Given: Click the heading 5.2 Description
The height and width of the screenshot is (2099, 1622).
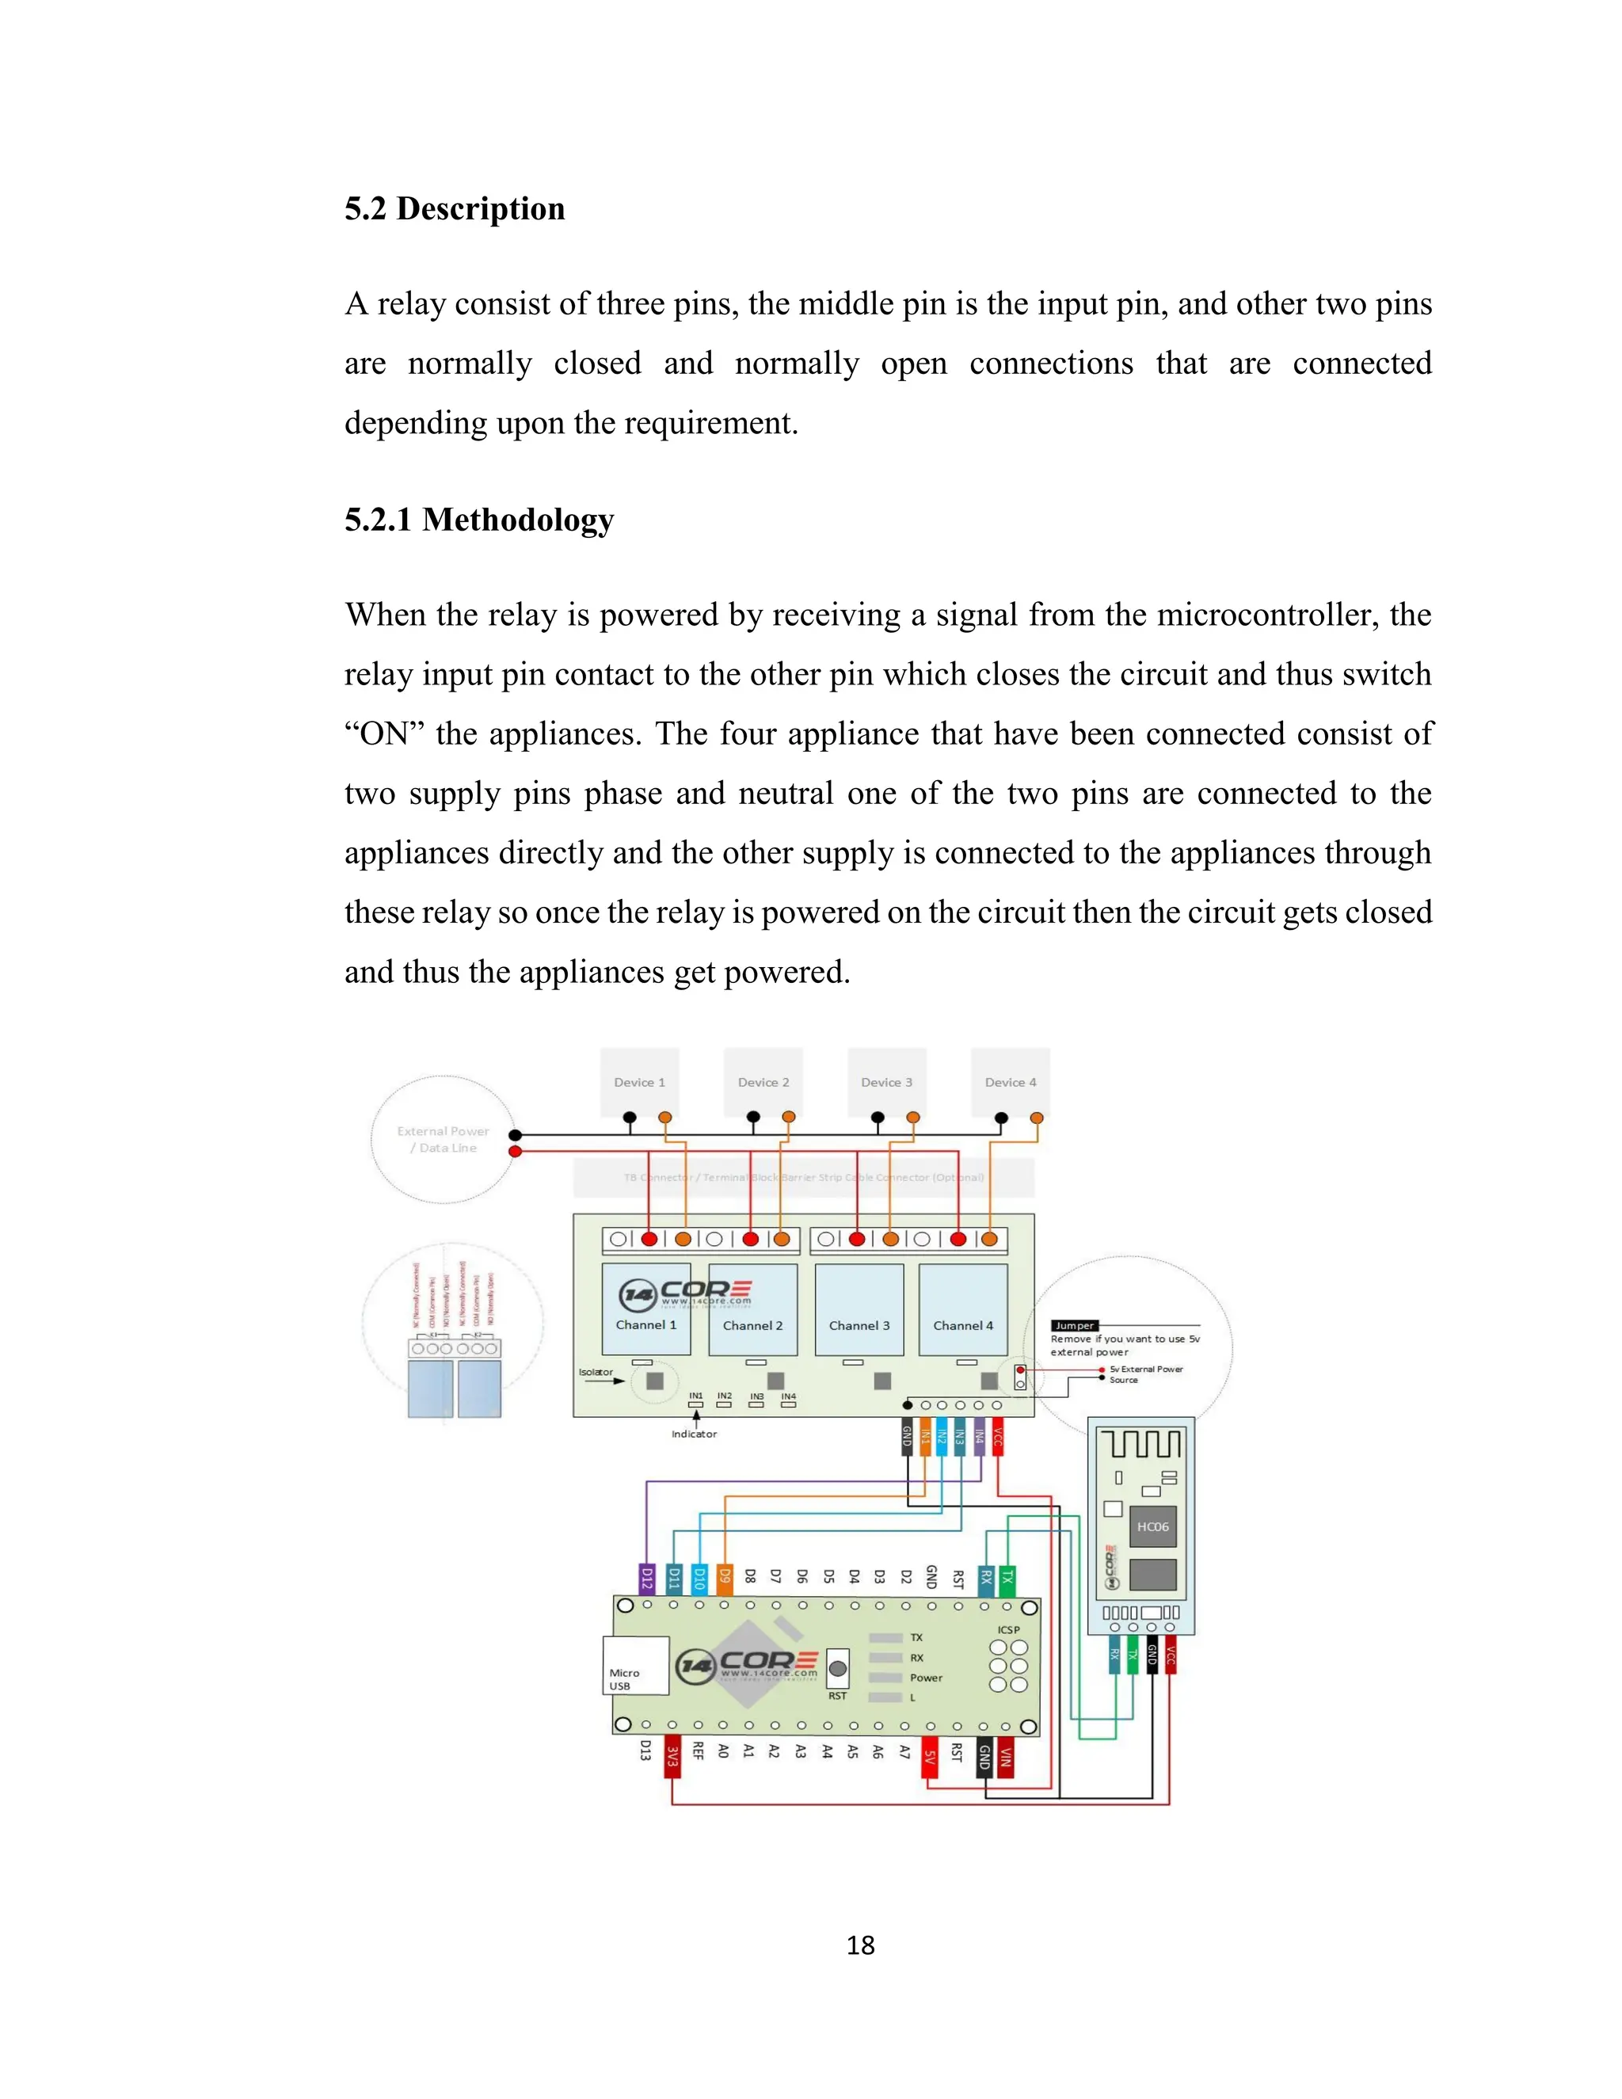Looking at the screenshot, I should point(455,208).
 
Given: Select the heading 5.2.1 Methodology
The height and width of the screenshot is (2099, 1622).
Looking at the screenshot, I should point(478,520).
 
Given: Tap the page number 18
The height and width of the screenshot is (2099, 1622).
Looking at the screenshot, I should point(860,1945).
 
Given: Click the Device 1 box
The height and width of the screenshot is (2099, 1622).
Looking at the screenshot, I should point(639,1082).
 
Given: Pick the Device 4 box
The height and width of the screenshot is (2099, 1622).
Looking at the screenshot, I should point(1010,1082).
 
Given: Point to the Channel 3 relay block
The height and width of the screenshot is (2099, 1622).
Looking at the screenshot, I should point(859,1309).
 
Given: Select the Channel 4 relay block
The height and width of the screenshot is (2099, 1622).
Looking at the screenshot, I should point(963,1309).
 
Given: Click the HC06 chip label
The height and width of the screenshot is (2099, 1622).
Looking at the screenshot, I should point(1152,1526).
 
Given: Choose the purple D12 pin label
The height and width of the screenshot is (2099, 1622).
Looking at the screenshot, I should point(648,1578).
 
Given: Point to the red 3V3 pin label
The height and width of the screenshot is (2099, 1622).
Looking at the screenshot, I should point(672,1756).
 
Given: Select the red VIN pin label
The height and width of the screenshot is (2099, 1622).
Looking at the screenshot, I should point(1005,1757).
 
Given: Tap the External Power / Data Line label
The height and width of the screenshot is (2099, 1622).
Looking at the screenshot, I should point(443,1139).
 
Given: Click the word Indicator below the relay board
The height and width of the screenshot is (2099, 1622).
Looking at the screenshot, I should point(694,1434).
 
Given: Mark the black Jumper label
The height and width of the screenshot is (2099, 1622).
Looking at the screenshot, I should point(1074,1325).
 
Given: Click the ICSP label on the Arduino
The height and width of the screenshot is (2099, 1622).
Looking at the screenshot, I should point(1008,1630).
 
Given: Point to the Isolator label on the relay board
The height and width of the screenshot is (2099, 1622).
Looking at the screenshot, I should point(595,1373).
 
